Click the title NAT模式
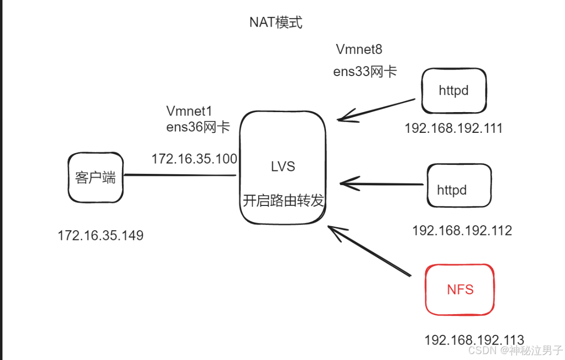click(276, 23)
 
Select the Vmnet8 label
click(359, 49)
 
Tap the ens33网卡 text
click(365, 72)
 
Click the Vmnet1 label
click(189, 111)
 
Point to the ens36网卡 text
click(198, 127)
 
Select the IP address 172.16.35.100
click(194, 159)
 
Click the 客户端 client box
click(96, 178)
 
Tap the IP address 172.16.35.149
click(101, 236)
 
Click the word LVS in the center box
click(283, 167)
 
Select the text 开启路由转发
click(283, 201)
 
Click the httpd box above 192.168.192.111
click(454, 91)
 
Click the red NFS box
click(460, 290)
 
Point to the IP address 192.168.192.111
click(453, 128)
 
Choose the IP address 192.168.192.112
click(462, 230)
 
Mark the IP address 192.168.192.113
click(474, 340)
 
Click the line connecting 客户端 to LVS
click(180, 175)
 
